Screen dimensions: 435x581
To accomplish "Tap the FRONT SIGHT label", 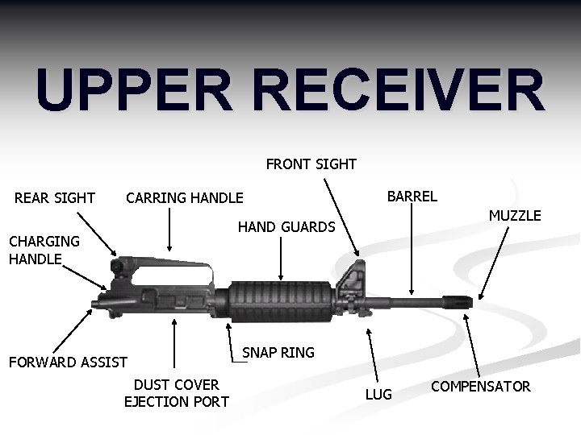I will click(x=311, y=164).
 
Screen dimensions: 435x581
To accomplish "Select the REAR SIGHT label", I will click(x=55, y=198).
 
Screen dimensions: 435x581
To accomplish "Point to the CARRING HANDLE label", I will click(x=184, y=198).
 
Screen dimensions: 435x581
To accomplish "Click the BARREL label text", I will click(x=412, y=196).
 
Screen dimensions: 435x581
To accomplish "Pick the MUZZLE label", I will click(x=515, y=216).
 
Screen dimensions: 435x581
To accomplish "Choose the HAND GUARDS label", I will click(x=286, y=228).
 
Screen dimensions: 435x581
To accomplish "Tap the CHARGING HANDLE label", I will click(x=44, y=250).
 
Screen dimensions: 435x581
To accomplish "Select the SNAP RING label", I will click(x=278, y=353).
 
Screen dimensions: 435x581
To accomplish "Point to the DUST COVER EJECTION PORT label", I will click(x=176, y=393).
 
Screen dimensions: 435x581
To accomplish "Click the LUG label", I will click(x=378, y=395).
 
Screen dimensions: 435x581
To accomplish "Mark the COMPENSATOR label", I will click(x=480, y=387).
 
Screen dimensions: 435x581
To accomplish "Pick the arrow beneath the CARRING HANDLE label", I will click(x=169, y=230).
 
